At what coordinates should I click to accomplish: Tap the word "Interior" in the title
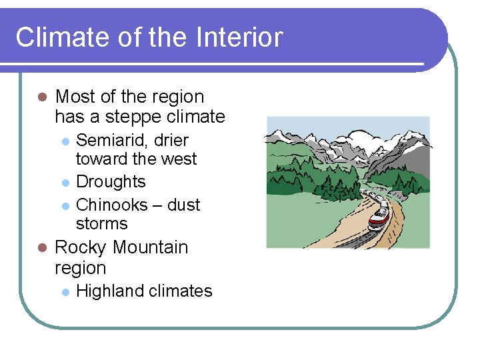239,37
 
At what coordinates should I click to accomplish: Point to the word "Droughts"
111,182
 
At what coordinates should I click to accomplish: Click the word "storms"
101,223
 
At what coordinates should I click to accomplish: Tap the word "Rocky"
80,247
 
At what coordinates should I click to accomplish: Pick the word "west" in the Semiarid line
179,159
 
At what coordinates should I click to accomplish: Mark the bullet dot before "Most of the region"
41,97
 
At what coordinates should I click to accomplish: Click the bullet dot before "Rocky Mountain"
41,247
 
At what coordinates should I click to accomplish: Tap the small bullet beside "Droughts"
65,183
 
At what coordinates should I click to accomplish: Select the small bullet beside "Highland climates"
65,291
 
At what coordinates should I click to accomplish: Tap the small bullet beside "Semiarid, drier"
65,141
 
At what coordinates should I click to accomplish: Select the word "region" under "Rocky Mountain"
80,268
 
